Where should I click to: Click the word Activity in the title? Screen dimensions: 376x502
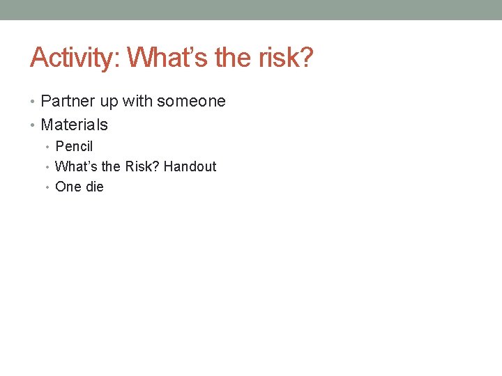point(73,58)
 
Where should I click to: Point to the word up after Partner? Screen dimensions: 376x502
point(109,102)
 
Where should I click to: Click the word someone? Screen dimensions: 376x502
point(191,102)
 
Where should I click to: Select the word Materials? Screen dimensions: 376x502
point(75,125)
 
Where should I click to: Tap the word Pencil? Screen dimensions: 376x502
point(74,147)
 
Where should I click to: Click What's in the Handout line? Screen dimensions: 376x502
point(76,167)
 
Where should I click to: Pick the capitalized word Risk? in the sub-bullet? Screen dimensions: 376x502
point(142,167)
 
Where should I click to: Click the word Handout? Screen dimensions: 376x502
point(190,167)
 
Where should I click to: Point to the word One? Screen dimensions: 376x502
point(68,187)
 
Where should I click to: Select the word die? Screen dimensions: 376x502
point(94,187)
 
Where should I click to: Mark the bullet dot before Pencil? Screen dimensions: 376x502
point(47,148)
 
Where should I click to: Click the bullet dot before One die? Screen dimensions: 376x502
point(47,188)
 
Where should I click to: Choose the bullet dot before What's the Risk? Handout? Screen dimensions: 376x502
point(47,168)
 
